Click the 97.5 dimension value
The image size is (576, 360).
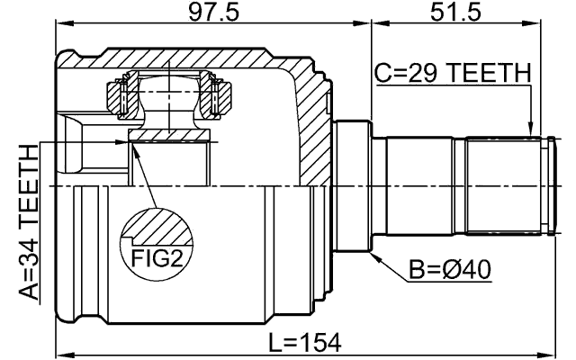213,13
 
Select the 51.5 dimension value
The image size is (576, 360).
455,13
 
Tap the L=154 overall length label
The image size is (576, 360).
305,342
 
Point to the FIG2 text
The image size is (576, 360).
157,258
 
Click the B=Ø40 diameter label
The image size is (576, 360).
450,270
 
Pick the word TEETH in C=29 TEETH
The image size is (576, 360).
490,73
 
